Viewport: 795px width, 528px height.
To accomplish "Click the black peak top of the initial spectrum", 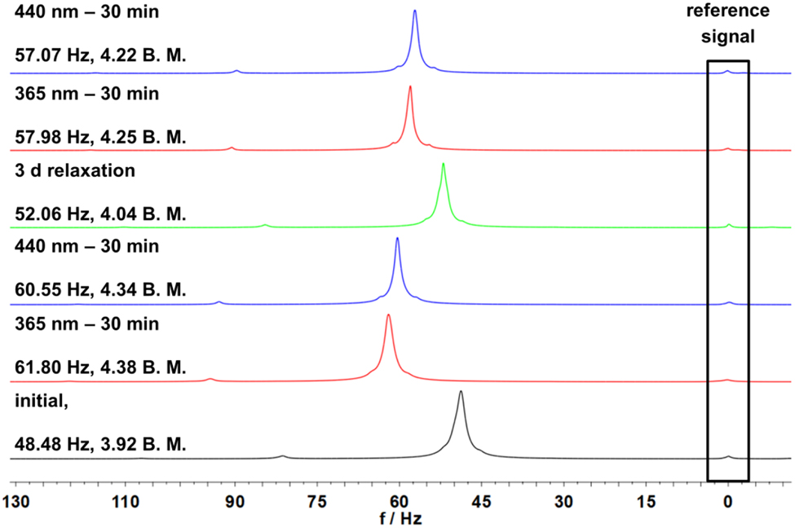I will (x=461, y=393).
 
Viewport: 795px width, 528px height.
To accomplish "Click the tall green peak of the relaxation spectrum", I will (x=443, y=165).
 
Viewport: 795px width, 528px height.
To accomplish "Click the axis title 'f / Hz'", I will (x=400, y=517).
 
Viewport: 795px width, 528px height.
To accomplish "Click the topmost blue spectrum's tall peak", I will (x=415, y=12).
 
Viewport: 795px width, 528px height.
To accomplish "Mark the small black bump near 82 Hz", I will (x=283, y=456).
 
